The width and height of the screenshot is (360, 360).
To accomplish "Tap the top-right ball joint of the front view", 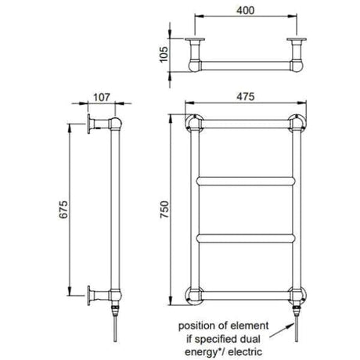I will pyautogui.click(x=297, y=124).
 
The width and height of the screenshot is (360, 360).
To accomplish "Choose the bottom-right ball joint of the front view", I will pyautogui.click(x=297, y=295).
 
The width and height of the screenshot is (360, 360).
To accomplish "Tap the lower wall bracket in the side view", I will pyautogui.click(x=95, y=296).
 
